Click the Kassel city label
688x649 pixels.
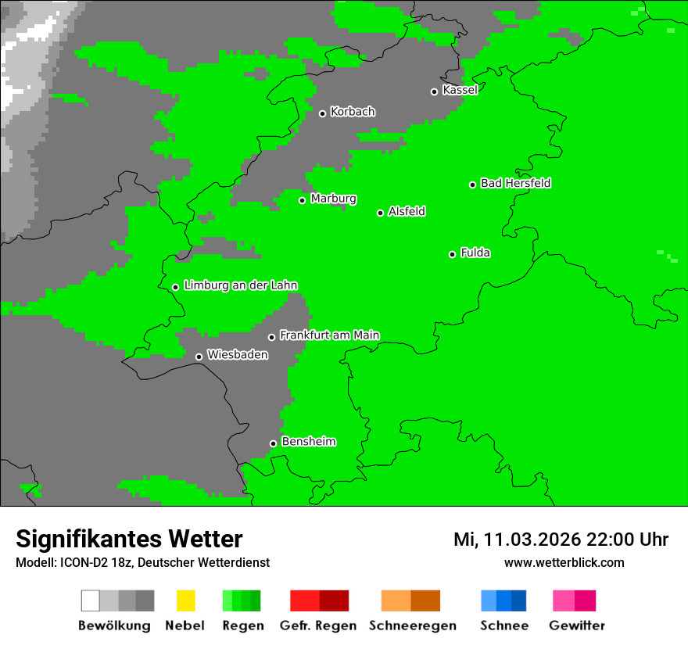click(x=460, y=90)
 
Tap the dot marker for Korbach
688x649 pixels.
click(x=322, y=113)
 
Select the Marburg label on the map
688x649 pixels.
click(x=333, y=199)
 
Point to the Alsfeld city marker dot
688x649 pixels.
click(x=380, y=213)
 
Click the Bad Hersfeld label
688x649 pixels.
click(x=515, y=183)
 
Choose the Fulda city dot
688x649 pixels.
click(x=452, y=254)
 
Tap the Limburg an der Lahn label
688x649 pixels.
click(x=240, y=285)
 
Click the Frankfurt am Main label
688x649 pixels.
click(x=329, y=335)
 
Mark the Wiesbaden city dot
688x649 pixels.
click(x=199, y=357)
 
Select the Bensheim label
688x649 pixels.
click(x=308, y=442)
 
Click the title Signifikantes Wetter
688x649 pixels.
click(x=129, y=539)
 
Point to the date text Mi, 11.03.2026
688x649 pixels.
click(x=516, y=540)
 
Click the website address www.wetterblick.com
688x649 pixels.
click(x=564, y=562)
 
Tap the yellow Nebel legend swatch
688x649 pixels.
click(x=185, y=601)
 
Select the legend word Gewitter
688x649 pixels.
click(x=576, y=626)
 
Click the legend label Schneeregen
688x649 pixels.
click(x=412, y=626)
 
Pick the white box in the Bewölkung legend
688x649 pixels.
click(x=91, y=601)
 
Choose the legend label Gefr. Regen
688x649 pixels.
click(x=318, y=626)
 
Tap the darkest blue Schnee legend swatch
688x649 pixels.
click(x=519, y=601)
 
